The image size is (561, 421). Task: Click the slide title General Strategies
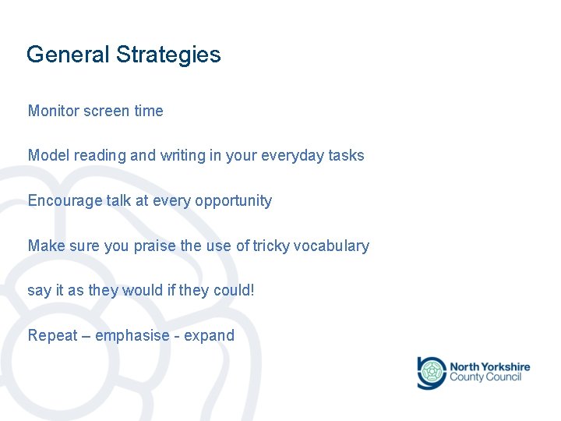123,55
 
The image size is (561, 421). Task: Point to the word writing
182,155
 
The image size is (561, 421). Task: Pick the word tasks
346,155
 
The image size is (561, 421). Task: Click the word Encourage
65,200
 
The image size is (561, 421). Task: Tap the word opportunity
233,200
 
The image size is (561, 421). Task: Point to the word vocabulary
332,246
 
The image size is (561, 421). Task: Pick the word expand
209,335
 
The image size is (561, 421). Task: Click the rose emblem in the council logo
431,372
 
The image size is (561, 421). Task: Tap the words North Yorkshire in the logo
489,366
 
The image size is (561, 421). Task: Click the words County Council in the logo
485,377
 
